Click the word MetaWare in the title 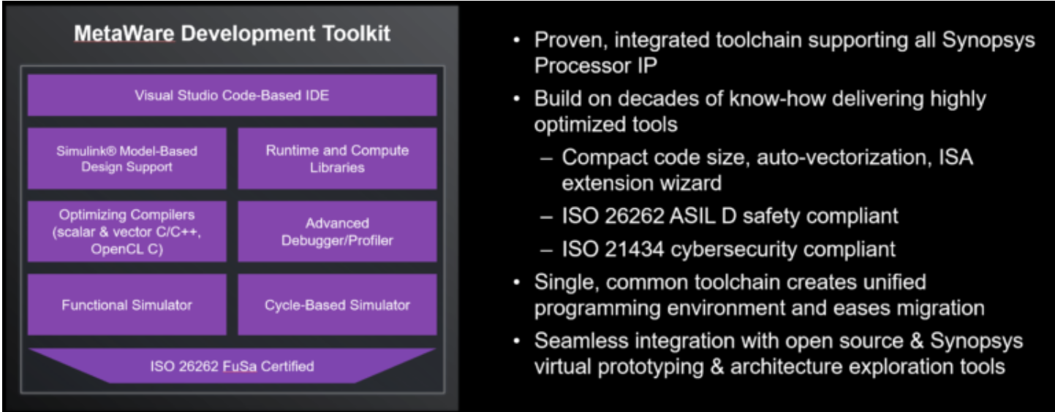[124, 34]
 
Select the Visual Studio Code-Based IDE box [232, 95]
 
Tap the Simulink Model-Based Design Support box [127, 159]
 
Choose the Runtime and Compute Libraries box [337, 159]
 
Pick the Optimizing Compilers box [127, 232]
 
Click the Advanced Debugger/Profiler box [337, 232]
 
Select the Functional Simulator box [127, 305]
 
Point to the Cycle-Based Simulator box [337, 305]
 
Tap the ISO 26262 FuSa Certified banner [232, 366]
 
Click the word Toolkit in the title [357, 34]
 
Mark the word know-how [777, 99]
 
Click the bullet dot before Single [517, 283]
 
